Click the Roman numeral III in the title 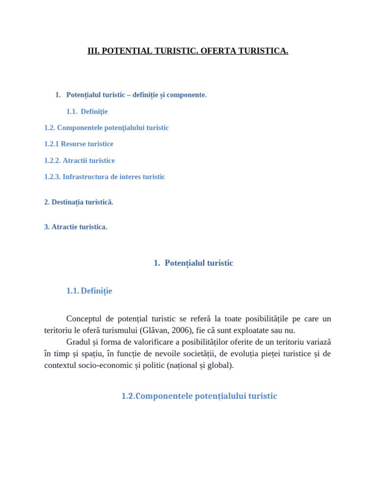click(93, 51)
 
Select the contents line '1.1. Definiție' click(87, 112)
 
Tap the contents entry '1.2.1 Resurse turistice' click(78, 144)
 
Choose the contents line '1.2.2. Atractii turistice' click(79, 160)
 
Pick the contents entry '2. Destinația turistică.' click(78, 202)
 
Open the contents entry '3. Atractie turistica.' click(75, 227)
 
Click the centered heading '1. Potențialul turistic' click(193, 263)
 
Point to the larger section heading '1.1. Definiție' click(89, 291)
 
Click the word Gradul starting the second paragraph click(77, 342)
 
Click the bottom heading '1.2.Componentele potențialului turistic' click(199, 396)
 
